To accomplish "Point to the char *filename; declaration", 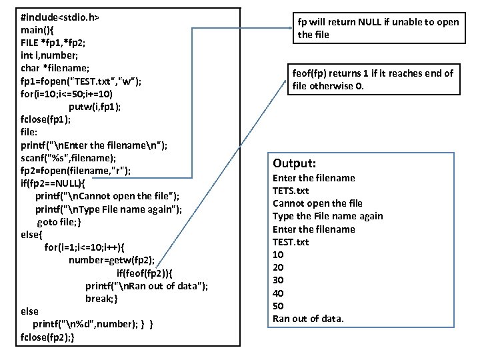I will click(55, 68).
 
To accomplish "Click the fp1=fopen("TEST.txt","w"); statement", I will click(90, 81).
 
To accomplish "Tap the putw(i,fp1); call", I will click(95, 107).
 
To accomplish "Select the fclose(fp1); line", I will click(46, 119).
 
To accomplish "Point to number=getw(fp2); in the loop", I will click(111, 260).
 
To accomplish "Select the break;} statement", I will click(102, 299).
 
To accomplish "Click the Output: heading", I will click(294, 163).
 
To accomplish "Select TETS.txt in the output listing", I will click(291, 191).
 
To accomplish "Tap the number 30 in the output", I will click(279, 280).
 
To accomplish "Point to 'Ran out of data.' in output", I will click(308, 319).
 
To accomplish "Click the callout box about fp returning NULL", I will click(379, 28).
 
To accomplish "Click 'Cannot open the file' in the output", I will click(317, 203).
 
